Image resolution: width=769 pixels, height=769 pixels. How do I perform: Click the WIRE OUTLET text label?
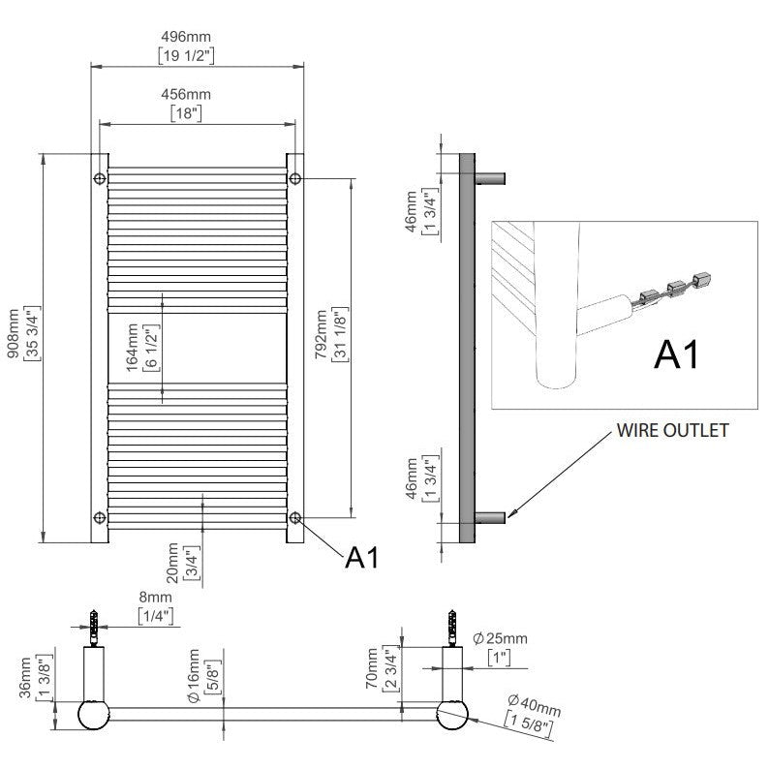[672, 431]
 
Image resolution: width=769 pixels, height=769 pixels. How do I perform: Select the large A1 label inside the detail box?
[677, 354]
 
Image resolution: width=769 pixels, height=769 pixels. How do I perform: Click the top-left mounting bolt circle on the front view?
[100, 179]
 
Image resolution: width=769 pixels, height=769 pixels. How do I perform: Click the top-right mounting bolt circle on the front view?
[294, 179]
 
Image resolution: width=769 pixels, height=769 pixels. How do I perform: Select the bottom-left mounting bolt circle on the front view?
[100, 517]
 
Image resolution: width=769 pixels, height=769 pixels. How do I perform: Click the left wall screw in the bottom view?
[95, 629]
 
